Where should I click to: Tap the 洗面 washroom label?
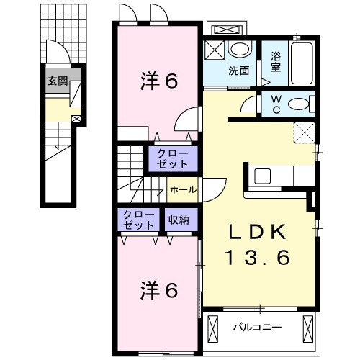click(239, 71)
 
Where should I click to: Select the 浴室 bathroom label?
click(276, 63)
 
